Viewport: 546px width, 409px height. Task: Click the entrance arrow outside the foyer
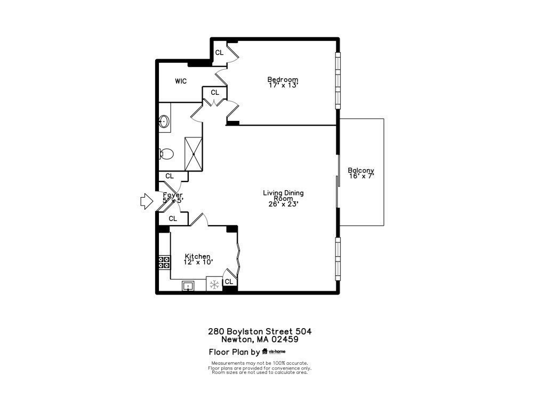pos(145,202)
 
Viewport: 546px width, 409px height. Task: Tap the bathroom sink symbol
pos(164,122)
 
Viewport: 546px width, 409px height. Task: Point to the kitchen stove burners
pos(164,261)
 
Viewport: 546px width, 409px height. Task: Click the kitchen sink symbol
pos(188,286)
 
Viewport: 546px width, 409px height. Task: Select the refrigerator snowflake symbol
pos(214,285)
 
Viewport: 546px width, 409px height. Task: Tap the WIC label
pos(181,81)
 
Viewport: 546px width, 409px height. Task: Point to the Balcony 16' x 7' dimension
pos(361,176)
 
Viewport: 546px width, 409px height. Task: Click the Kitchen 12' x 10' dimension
pos(198,262)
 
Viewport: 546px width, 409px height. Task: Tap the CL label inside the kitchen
pos(229,282)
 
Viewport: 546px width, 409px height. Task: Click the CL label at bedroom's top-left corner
pos(219,52)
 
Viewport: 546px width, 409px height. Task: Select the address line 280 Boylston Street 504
pos(260,331)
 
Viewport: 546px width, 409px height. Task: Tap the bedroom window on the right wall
pos(337,80)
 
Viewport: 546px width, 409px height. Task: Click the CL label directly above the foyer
pos(170,176)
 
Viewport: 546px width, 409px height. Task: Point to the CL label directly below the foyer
pos(173,218)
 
